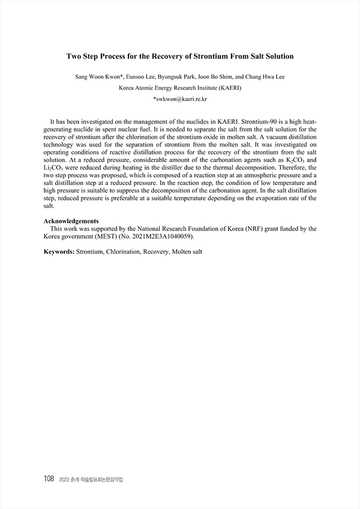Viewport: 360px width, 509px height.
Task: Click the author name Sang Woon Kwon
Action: (95, 77)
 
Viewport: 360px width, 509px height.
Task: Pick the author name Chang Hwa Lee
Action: (268, 77)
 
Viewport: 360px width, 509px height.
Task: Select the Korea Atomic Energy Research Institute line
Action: (180, 87)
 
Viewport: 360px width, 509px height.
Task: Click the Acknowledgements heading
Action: (71, 221)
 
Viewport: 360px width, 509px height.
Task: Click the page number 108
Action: (49, 478)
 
